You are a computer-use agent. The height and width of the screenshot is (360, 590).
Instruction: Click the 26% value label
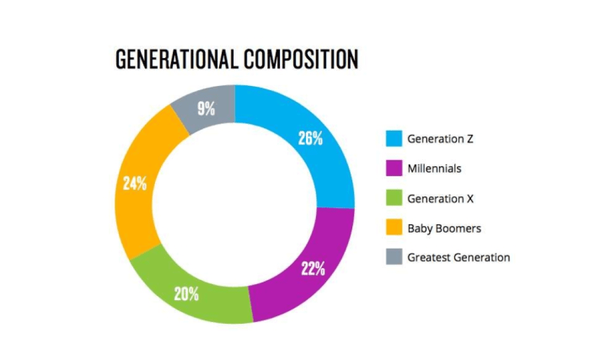[310, 137]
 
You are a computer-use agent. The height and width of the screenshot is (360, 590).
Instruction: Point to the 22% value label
[314, 269]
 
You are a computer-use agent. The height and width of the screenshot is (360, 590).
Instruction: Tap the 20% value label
[186, 294]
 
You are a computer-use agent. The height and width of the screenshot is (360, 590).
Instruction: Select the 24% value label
[135, 182]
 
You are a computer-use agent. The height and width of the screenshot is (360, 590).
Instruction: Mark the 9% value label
[206, 108]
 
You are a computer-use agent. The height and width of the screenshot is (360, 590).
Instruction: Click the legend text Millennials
[434, 169]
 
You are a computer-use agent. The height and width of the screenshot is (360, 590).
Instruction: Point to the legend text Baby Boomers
[443, 228]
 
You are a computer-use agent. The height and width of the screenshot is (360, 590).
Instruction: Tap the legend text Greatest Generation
[459, 257]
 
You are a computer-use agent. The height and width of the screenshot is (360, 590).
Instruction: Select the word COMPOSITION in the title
[300, 59]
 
